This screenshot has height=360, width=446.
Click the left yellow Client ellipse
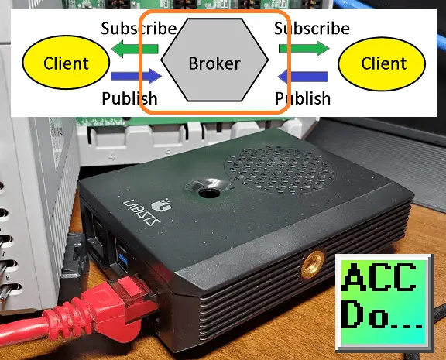point(66,62)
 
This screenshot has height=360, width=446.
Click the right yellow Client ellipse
point(382,63)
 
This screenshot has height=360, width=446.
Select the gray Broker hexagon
point(214,60)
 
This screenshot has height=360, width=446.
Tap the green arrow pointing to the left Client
point(135,49)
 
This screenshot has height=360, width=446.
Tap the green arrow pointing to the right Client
point(304,48)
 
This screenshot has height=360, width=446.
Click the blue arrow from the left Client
point(136,76)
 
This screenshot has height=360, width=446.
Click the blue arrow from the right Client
point(303,76)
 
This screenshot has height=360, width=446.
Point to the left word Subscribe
point(139,29)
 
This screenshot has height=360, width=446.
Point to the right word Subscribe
point(312,29)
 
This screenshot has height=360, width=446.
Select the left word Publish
point(129,98)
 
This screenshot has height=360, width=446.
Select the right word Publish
point(303,98)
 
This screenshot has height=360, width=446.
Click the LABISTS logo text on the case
point(142,212)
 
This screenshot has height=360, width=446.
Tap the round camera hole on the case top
point(209,194)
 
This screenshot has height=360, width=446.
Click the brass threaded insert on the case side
point(313,265)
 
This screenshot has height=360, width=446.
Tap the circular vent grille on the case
point(280,170)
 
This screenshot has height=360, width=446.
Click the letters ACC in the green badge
point(380,277)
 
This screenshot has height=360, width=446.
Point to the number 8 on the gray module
point(8,278)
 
